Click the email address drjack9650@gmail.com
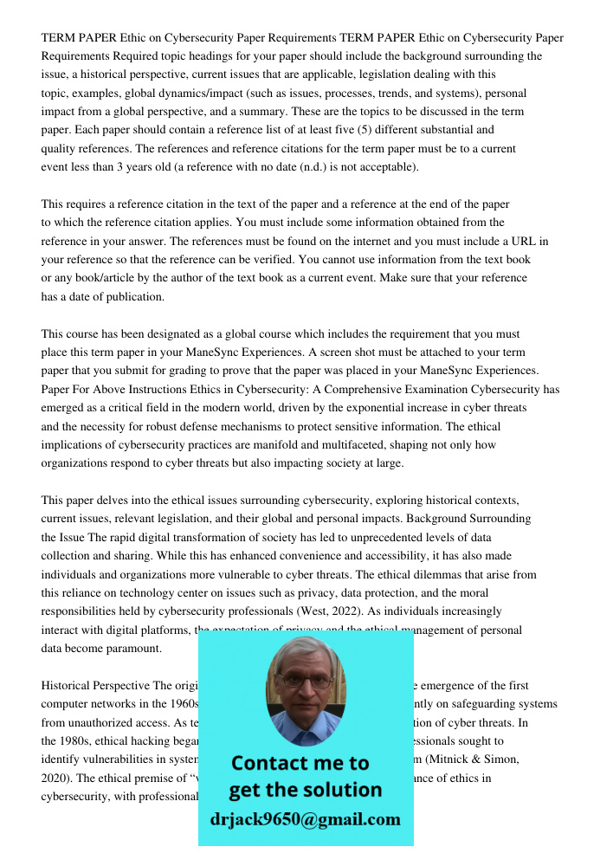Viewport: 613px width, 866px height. (305, 819)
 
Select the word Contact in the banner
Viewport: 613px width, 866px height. (276, 763)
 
